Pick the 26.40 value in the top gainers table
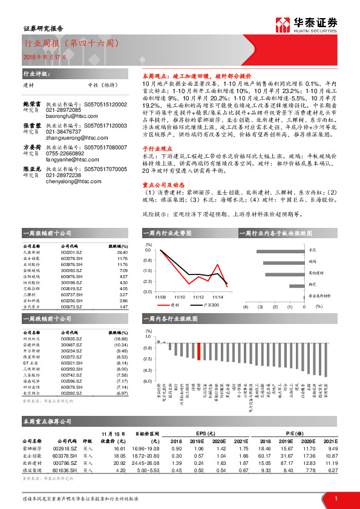122,253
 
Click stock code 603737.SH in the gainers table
72,294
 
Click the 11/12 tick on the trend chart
198,297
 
